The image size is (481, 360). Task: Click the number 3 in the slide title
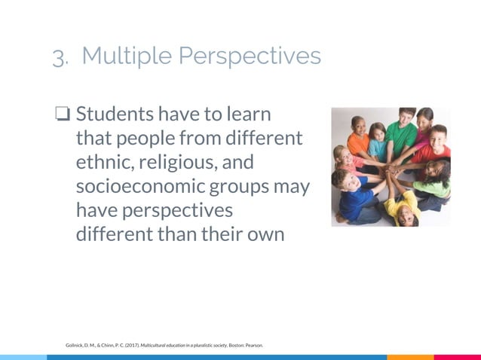tap(59, 57)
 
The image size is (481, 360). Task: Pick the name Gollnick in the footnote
tap(75, 346)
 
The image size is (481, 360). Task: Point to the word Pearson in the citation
tap(253, 346)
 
